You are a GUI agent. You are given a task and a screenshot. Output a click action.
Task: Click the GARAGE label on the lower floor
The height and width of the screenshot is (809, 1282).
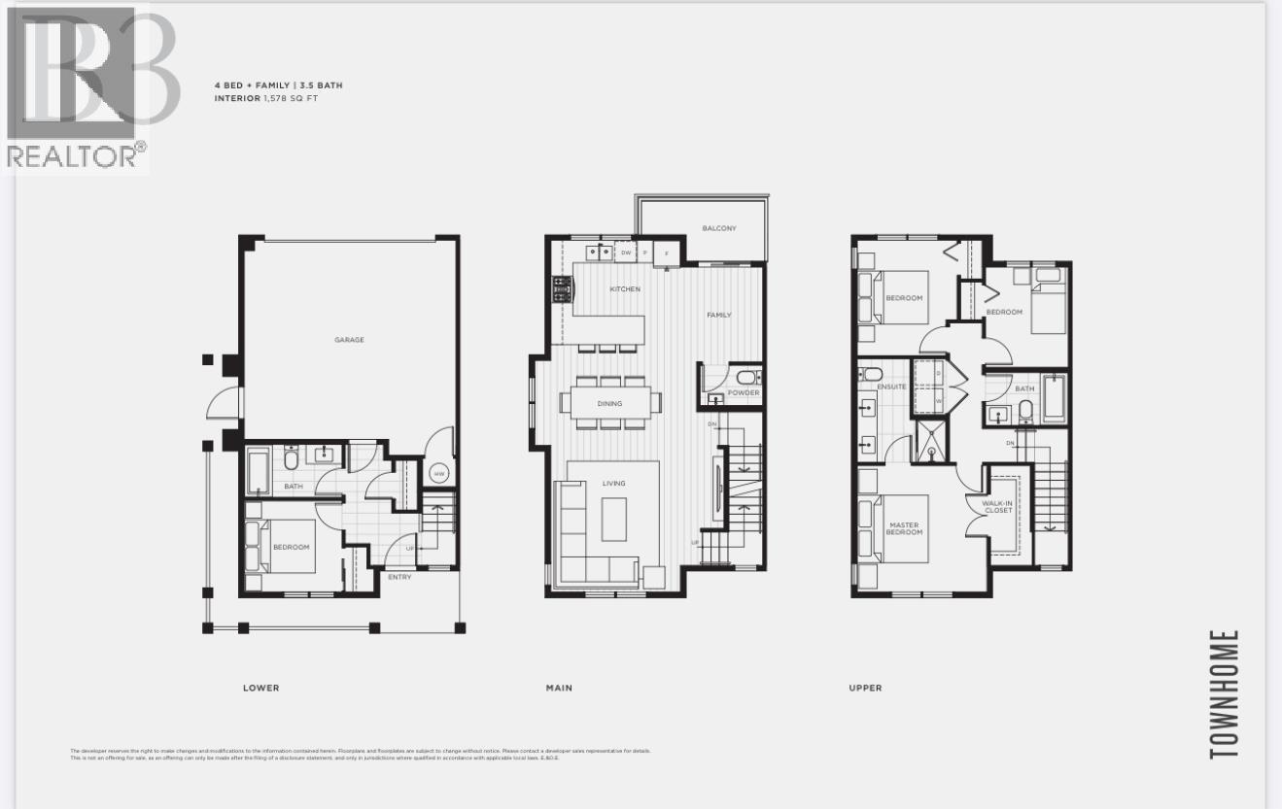pyautogui.click(x=349, y=340)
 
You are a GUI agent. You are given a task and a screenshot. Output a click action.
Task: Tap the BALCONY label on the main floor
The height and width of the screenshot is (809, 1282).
pyautogui.click(x=719, y=229)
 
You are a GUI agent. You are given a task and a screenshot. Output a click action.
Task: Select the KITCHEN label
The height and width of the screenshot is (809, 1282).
pyautogui.click(x=625, y=289)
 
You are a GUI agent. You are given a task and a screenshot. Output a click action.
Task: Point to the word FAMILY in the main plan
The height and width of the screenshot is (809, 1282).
pyautogui.click(x=719, y=315)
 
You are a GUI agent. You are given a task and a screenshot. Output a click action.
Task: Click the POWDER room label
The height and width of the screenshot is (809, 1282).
pyautogui.click(x=743, y=393)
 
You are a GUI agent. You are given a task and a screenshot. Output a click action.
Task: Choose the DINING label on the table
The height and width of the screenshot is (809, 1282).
pyautogui.click(x=609, y=403)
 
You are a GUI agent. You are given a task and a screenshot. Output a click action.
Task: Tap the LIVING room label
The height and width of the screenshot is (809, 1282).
pyautogui.click(x=613, y=483)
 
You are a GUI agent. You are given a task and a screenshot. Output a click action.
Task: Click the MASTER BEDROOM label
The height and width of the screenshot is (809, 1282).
pyautogui.click(x=904, y=529)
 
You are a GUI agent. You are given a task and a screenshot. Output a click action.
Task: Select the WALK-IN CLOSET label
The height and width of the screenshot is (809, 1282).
pyautogui.click(x=998, y=506)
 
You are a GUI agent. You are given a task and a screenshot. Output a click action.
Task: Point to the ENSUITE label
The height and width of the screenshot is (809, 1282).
pyautogui.click(x=890, y=387)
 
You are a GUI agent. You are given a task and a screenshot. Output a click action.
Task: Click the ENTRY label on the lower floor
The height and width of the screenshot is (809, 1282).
pyautogui.click(x=398, y=577)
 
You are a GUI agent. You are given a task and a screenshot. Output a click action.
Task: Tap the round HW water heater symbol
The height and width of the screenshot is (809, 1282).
pyautogui.click(x=438, y=474)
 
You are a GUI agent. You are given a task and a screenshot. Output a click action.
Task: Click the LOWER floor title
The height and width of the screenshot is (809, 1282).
pyautogui.click(x=260, y=688)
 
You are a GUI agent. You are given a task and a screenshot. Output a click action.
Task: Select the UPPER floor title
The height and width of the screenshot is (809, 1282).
pyautogui.click(x=865, y=688)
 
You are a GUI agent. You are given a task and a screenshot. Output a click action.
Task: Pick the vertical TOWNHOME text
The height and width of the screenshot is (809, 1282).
pyautogui.click(x=1225, y=693)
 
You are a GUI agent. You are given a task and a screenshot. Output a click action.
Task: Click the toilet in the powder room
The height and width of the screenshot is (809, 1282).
pyautogui.click(x=745, y=378)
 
